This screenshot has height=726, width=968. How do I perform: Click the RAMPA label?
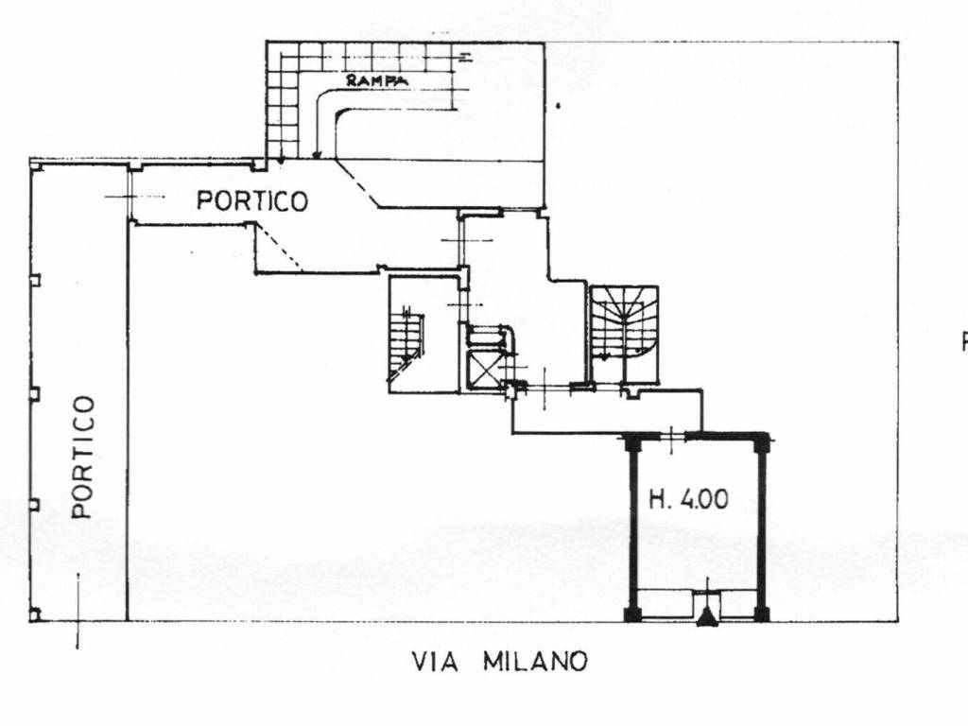376,80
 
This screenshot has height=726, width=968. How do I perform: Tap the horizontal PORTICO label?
251,200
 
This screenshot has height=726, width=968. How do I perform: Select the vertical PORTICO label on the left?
83,457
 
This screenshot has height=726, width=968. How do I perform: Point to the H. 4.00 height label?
688,499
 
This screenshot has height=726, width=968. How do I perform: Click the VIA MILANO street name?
499,662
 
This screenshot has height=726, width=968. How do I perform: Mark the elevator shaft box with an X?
485,369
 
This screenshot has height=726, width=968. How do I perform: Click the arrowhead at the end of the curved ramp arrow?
316,156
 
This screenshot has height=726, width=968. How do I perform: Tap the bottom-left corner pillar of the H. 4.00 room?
632,614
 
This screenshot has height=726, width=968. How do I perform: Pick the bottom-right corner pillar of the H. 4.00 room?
763,614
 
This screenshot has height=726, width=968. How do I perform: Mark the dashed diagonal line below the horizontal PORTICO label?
278,247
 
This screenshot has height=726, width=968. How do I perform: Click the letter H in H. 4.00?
656,499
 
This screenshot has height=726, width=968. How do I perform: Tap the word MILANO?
535,662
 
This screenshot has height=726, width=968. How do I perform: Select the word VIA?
435,662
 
